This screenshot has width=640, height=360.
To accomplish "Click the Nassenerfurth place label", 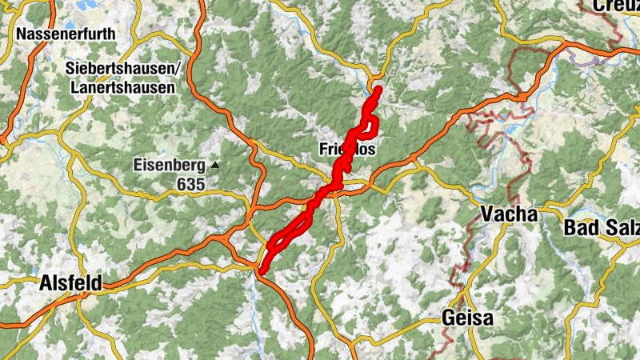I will tap(66, 35).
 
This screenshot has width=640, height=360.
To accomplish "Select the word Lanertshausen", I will tap(121, 88).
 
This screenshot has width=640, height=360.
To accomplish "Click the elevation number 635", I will tap(191, 185).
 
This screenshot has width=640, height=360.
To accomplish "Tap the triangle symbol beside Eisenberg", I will tap(214, 166).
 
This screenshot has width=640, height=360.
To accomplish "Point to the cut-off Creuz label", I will tap(616, 6).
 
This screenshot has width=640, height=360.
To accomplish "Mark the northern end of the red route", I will tap(377, 89).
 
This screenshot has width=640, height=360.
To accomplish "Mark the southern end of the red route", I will tap(262, 271).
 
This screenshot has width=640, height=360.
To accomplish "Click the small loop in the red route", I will tap(370, 125).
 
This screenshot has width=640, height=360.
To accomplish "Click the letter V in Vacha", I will tap(488, 214).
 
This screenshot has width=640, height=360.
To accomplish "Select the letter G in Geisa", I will tap(448, 318).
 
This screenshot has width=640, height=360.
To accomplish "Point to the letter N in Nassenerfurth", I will tap(22, 35).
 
